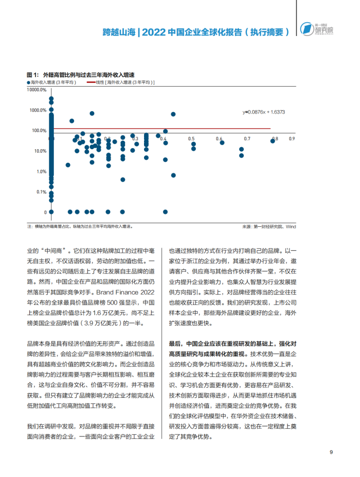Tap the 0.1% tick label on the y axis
pyautogui.click(x=41, y=192)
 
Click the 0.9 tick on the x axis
pyautogui.click(x=292, y=139)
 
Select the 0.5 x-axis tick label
pyautogui.click(x=191, y=139)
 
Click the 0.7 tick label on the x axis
pyautogui.click(x=247, y=139)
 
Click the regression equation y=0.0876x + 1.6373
pyautogui.click(x=264, y=112)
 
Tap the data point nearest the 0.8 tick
pyautogui.click(x=273, y=141)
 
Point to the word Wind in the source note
pyautogui.click(x=290, y=227)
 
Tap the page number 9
pyautogui.click(x=331, y=453)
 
